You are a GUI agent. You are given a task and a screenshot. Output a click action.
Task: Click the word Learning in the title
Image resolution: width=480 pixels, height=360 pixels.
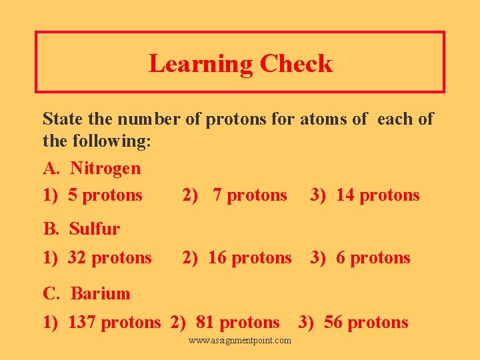(201, 64)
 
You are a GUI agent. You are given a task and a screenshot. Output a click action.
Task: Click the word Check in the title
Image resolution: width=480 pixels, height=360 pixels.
(296, 64)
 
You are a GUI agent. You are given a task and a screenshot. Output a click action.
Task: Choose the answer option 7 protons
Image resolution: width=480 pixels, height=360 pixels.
(249, 195)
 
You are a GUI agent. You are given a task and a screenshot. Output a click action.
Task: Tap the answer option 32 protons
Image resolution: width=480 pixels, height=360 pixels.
(109, 258)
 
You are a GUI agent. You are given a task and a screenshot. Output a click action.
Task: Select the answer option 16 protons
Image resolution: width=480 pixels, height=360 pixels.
(249, 258)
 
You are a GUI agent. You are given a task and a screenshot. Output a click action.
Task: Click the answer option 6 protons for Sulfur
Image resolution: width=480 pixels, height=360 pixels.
(373, 258)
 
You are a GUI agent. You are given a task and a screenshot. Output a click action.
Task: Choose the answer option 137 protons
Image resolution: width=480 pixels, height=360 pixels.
(114, 323)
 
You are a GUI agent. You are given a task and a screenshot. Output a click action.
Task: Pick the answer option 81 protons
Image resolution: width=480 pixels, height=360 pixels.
(237, 323)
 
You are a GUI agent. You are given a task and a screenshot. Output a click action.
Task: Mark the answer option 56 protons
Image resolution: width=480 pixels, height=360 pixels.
(366, 323)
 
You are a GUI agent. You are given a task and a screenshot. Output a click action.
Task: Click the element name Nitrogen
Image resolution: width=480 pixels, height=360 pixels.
(105, 168)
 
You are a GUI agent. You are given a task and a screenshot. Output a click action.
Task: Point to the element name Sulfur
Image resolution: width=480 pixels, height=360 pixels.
(95, 229)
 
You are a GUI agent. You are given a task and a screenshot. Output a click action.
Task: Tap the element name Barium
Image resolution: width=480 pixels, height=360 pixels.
(100, 293)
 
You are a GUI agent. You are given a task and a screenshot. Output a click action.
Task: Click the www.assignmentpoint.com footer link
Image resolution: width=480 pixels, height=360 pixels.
(240, 341)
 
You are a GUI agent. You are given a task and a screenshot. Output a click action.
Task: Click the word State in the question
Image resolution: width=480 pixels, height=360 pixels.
(63, 119)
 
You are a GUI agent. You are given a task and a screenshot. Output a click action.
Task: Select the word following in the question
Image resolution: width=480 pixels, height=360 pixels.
(105, 142)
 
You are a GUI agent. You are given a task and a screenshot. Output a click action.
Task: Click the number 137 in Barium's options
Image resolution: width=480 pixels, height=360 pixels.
(82, 323)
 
